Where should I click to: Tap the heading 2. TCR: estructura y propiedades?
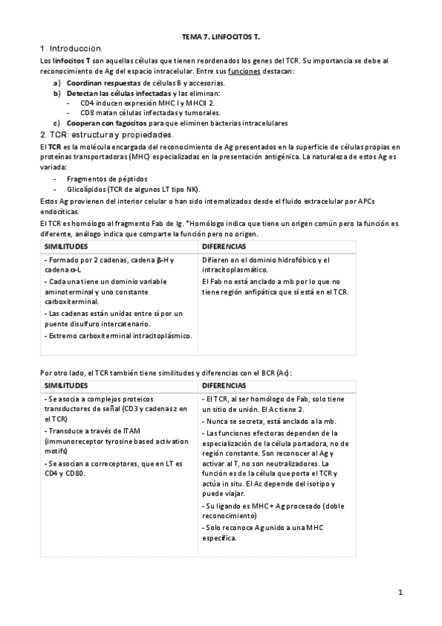coord(106,135)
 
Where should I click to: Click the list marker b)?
coord(57,94)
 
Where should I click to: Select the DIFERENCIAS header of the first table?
coord(224,245)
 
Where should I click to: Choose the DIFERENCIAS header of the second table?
coord(224,385)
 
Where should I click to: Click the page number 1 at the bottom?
coord(399,592)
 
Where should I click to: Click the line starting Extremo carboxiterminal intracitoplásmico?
coord(118,336)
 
